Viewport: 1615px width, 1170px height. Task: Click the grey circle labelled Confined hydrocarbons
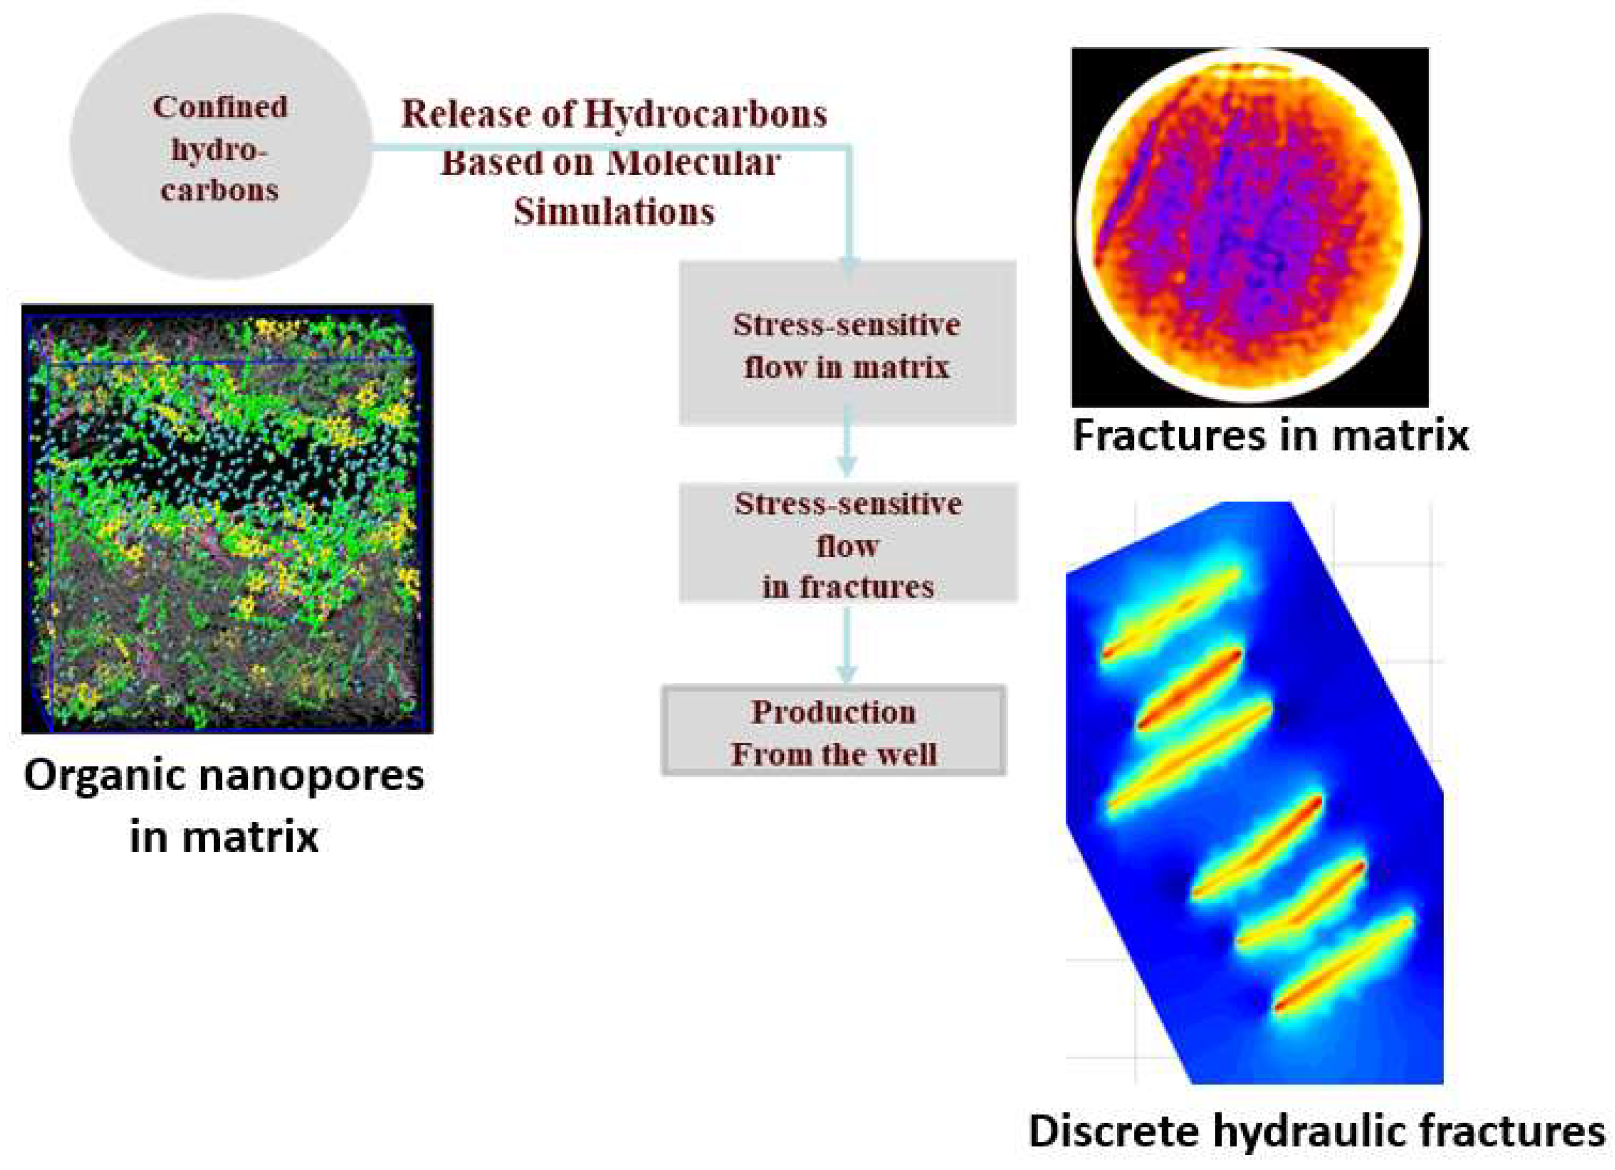[221, 146]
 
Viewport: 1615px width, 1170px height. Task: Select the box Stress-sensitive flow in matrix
[847, 342]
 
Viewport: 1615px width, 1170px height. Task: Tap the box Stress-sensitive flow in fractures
[848, 543]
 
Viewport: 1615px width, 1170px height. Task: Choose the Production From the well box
[834, 731]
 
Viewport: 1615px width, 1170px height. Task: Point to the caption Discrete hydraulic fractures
[1316, 1132]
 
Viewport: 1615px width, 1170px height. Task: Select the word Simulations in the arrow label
[614, 211]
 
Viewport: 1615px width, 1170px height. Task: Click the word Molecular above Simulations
[694, 163]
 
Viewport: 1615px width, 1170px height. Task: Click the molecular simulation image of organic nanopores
[227, 519]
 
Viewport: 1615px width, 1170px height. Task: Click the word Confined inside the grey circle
[221, 107]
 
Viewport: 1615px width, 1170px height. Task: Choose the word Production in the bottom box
[834, 712]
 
